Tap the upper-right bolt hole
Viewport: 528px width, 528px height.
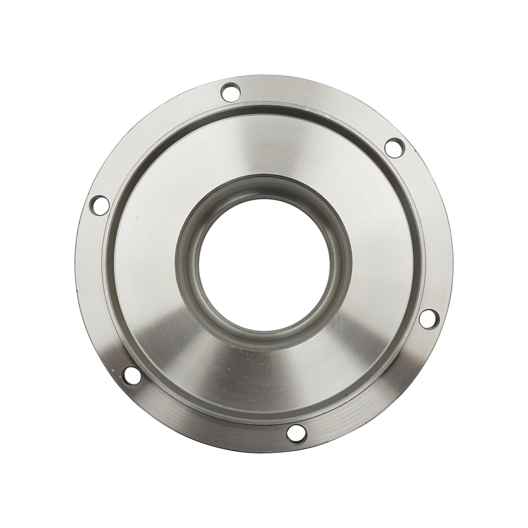pos(393,146)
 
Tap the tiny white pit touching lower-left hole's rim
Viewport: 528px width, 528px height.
pos(125,372)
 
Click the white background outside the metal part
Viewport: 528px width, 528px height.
pos(35,35)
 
